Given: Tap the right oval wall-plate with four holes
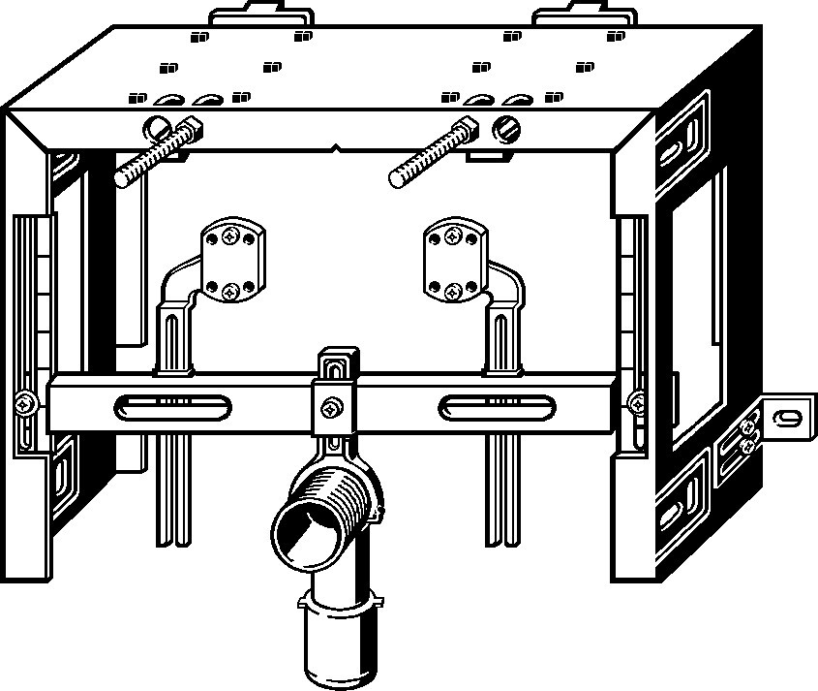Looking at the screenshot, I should (452, 261).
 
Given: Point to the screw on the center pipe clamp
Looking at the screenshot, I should (334, 408).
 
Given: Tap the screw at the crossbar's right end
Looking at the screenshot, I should (636, 401).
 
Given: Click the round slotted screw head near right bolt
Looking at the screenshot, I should (506, 127).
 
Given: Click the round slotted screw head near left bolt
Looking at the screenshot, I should (156, 126).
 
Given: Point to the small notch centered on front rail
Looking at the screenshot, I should (335, 150).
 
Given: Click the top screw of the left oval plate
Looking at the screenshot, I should (230, 234).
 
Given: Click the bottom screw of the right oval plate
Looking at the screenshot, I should (452, 290).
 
